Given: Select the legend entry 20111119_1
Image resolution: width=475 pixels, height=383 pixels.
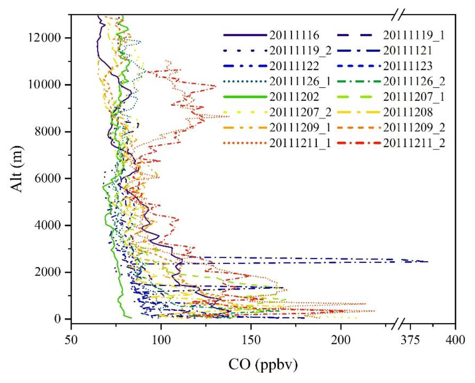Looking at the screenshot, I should click(414, 35).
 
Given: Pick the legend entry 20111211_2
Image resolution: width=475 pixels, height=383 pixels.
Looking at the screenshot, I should click(414, 143).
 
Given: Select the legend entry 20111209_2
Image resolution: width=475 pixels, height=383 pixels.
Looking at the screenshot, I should click(414, 128).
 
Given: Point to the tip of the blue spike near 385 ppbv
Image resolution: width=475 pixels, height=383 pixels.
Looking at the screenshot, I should click(428, 262).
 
